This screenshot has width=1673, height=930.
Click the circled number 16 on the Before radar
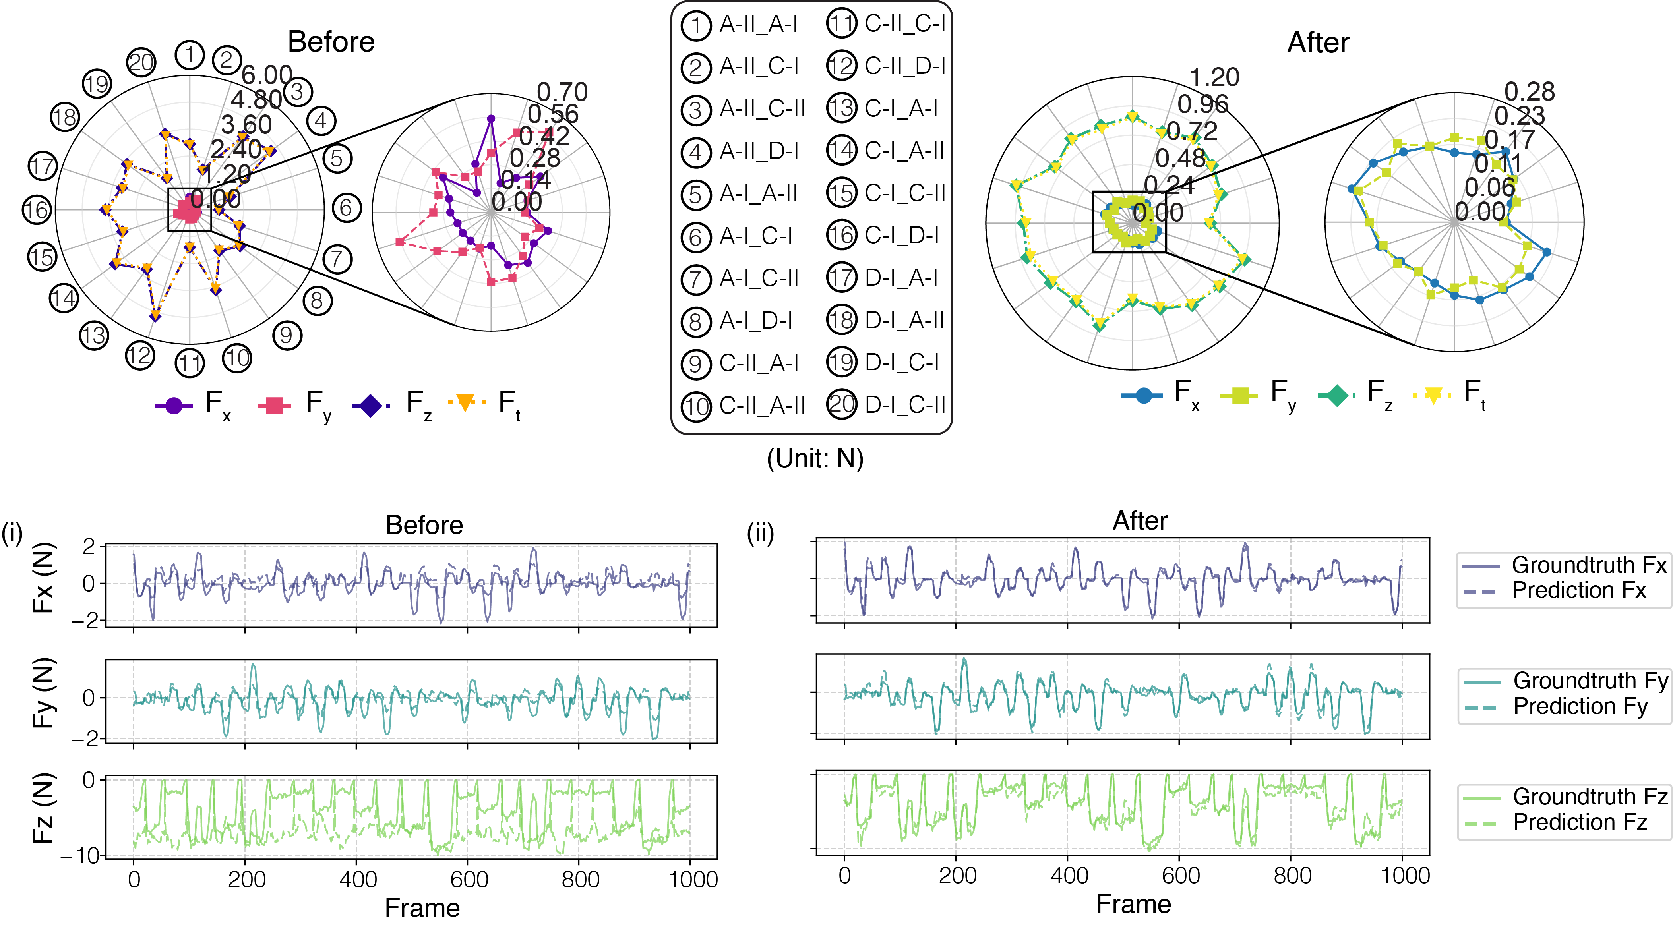pyautogui.click(x=37, y=210)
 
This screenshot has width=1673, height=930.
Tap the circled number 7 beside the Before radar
pyautogui.click(x=337, y=259)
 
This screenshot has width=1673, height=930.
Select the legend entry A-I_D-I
pyautogui.click(x=755, y=321)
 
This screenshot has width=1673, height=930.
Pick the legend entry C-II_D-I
pyautogui.click(x=905, y=66)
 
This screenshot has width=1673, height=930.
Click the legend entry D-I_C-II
pyautogui.click(x=905, y=405)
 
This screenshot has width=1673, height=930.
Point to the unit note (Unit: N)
pyautogui.click(x=815, y=458)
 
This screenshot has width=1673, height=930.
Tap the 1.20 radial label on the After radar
pyautogui.click(x=1214, y=77)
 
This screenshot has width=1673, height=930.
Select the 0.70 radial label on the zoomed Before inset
pyautogui.click(x=562, y=92)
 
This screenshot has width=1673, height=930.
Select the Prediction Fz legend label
pyautogui.click(x=1580, y=822)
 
